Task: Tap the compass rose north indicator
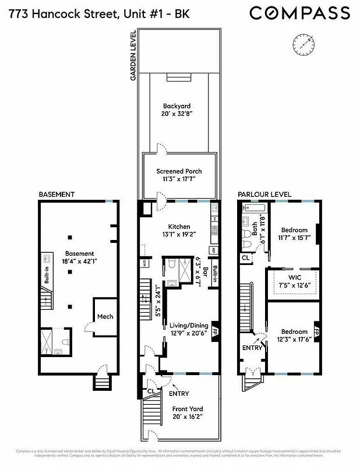[x=302, y=43]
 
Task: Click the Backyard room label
[x=177, y=107]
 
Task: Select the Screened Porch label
[x=179, y=171]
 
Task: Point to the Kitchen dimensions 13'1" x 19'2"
[x=179, y=235]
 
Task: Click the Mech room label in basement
[x=105, y=317]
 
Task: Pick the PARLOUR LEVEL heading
[x=264, y=194]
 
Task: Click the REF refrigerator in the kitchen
[x=214, y=250]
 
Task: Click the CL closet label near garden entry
[x=151, y=391]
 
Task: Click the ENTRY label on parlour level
[x=252, y=348]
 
